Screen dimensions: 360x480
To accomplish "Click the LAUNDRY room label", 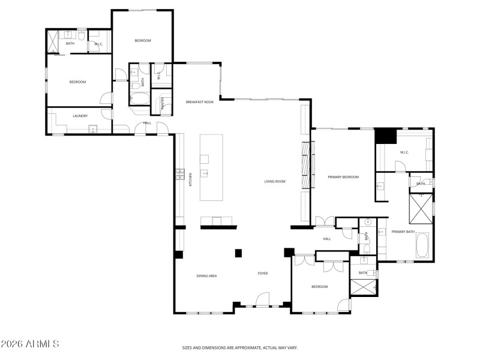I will (x=80, y=116).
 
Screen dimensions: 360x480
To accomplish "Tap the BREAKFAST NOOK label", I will (x=200, y=103).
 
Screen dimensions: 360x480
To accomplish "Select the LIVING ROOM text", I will (x=275, y=181).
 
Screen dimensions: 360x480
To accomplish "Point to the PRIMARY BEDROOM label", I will (x=343, y=177).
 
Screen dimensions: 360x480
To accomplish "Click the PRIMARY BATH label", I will (x=403, y=232).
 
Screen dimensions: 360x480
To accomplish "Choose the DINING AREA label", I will (x=206, y=276).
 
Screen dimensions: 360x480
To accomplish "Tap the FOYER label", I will (x=263, y=274).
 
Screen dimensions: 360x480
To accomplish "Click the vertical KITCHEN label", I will (x=191, y=178).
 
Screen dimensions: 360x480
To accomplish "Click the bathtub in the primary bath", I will (x=422, y=245).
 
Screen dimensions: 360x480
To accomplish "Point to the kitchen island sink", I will (x=205, y=174).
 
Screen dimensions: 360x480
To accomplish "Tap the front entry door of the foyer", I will (x=262, y=300).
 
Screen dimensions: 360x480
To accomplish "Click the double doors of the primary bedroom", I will (x=324, y=221).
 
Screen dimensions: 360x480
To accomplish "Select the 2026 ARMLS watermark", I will (x=30, y=344).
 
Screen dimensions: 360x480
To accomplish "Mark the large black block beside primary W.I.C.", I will (x=386, y=137).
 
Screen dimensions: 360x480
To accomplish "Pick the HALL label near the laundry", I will (x=147, y=123).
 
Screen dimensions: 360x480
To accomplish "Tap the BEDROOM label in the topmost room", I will (x=142, y=41).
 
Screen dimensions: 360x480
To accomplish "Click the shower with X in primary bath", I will (x=421, y=207).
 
